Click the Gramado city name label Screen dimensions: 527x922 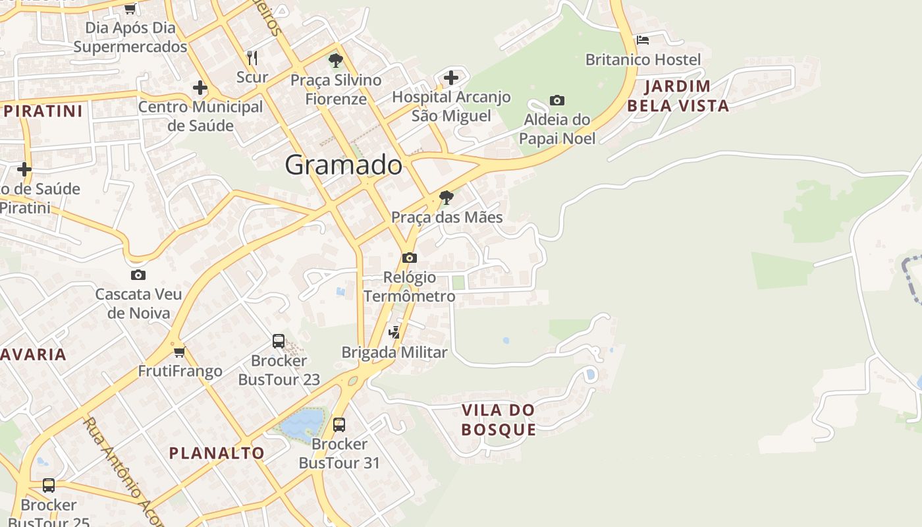pyautogui.click(x=343, y=165)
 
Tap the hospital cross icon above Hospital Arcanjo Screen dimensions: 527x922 pyautogui.click(x=451, y=78)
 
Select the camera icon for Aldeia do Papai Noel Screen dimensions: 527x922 pyautogui.click(x=557, y=101)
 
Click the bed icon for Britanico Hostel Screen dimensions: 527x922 pyautogui.click(x=643, y=40)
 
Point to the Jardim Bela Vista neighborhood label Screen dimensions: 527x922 pyautogui.click(x=678, y=96)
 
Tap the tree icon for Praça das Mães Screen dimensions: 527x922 pyautogui.click(x=447, y=197)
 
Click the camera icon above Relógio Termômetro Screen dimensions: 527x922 pyautogui.click(x=410, y=258)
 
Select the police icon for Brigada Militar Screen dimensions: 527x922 pyautogui.click(x=394, y=333)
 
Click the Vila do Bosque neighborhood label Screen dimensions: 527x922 pyautogui.click(x=499, y=420)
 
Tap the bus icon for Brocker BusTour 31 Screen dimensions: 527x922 pyautogui.click(x=339, y=424)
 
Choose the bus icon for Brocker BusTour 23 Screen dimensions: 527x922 pyautogui.click(x=279, y=341)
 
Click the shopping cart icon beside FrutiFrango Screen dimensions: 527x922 pyautogui.click(x=180, y=352)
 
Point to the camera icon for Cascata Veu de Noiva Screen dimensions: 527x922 pyautogui.click(x=138, y=275)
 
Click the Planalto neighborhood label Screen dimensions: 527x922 pyautogui.click(x=217, y=453)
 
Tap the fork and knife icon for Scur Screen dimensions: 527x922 pyautogui.click(x=252, y=57)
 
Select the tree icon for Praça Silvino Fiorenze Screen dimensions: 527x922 pyautogui.click(x=336, y=61)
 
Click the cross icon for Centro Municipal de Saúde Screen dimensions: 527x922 pyautogui.click(x=200, y=88)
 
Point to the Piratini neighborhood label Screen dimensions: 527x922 pyautogui.click(x=43, y=111)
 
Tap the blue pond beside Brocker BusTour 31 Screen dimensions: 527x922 pyautogui.click(x=304, y=422)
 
